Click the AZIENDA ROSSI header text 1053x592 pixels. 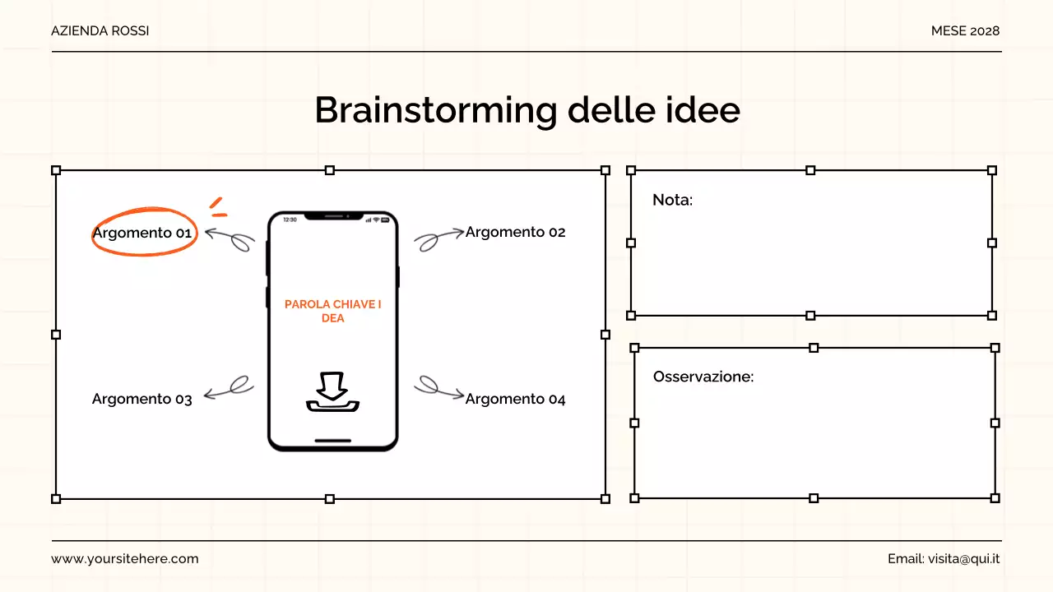(x=100, y=30)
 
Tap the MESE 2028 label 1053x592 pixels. (x=965, y=30)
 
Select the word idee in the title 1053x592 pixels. (x=704, y=110)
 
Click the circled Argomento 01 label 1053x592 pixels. (x=142, y=233)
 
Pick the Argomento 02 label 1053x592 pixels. (x=515, y=232)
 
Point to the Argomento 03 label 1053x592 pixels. (x=142, y=399)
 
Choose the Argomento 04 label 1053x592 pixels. (x=515, y=399)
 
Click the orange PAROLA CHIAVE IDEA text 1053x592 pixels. (x=332, y=311)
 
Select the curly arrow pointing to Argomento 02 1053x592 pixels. (x=438, y=239)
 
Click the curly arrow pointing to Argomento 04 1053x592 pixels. (x=438, y=387)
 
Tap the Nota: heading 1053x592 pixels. (x=672, y=200)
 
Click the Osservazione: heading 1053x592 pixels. (x=703, y=377)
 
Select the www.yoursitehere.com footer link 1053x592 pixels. (x=125, y=558)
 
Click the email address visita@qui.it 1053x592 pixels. (x=963, y=558)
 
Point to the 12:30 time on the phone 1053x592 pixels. (x=290, y=220)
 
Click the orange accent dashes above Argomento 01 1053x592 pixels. (x=217, y=207)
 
